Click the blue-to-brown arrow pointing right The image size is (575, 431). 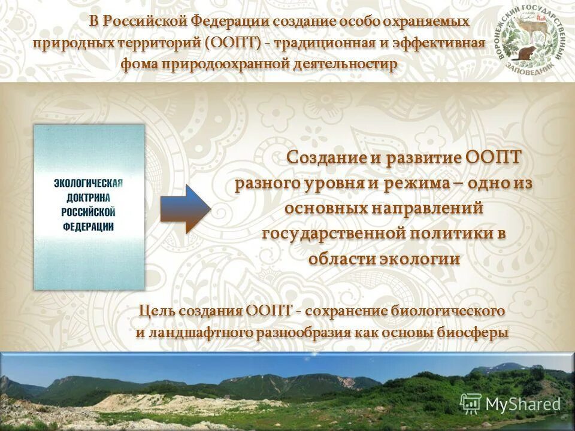click(185, 209)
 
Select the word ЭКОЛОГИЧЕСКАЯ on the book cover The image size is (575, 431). click(89, 183)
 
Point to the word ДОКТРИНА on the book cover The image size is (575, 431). click(89, 198)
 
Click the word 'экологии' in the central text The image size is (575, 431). click(420, 258)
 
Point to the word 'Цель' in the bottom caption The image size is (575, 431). click(159, 311)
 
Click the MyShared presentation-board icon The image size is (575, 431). click(471, 403)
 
